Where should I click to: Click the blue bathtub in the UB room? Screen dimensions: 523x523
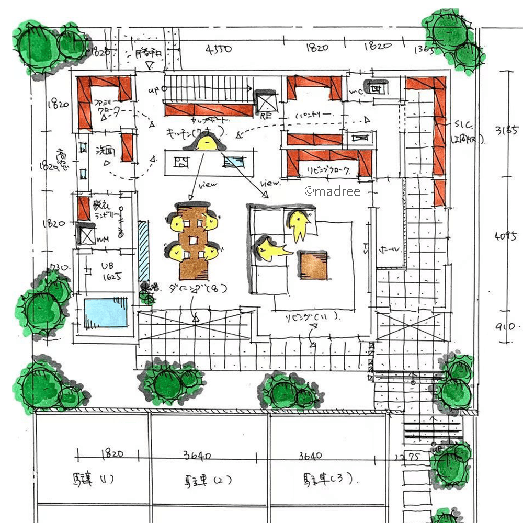point(106,312)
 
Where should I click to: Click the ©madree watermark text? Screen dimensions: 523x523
point(333,191)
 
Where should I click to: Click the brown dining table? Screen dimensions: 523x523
point(193,241)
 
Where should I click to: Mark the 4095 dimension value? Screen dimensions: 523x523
point(505,236)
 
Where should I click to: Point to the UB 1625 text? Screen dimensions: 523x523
point(110,271)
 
